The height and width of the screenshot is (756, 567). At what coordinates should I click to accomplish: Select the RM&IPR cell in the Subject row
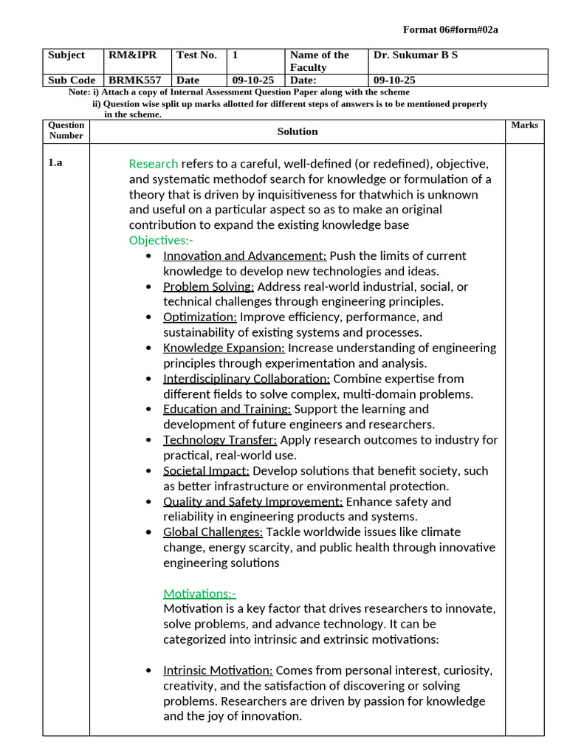(133, 55)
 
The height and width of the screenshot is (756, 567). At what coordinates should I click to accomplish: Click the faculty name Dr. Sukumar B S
(416, 55)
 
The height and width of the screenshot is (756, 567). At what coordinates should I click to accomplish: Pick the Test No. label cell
(196, 55)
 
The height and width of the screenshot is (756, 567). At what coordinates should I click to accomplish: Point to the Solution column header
(298, 131)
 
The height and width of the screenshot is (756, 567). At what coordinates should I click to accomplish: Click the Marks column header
(524, 126)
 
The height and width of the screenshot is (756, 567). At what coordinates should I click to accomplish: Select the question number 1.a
(55, 163)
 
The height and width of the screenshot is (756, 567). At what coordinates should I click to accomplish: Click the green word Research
(154, 164)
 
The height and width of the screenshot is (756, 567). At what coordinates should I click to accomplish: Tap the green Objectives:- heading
(161, 241)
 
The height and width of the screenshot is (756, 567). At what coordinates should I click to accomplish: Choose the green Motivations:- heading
(199, 594)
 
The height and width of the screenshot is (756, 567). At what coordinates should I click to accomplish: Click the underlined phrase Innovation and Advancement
(244, 256)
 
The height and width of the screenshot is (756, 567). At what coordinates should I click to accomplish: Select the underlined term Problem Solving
(208, 286)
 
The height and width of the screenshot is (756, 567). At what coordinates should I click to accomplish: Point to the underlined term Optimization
(200, 317)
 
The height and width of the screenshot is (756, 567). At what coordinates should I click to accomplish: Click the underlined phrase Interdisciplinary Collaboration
(246, 379)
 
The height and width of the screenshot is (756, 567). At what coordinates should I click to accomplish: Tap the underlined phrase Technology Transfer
(220, 440)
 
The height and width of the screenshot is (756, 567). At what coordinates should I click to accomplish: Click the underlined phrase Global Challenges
(213, 532)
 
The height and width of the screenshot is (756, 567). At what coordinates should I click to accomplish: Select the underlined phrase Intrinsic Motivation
(218, 670)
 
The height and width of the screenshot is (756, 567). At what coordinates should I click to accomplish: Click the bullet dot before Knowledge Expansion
(150, 348)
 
